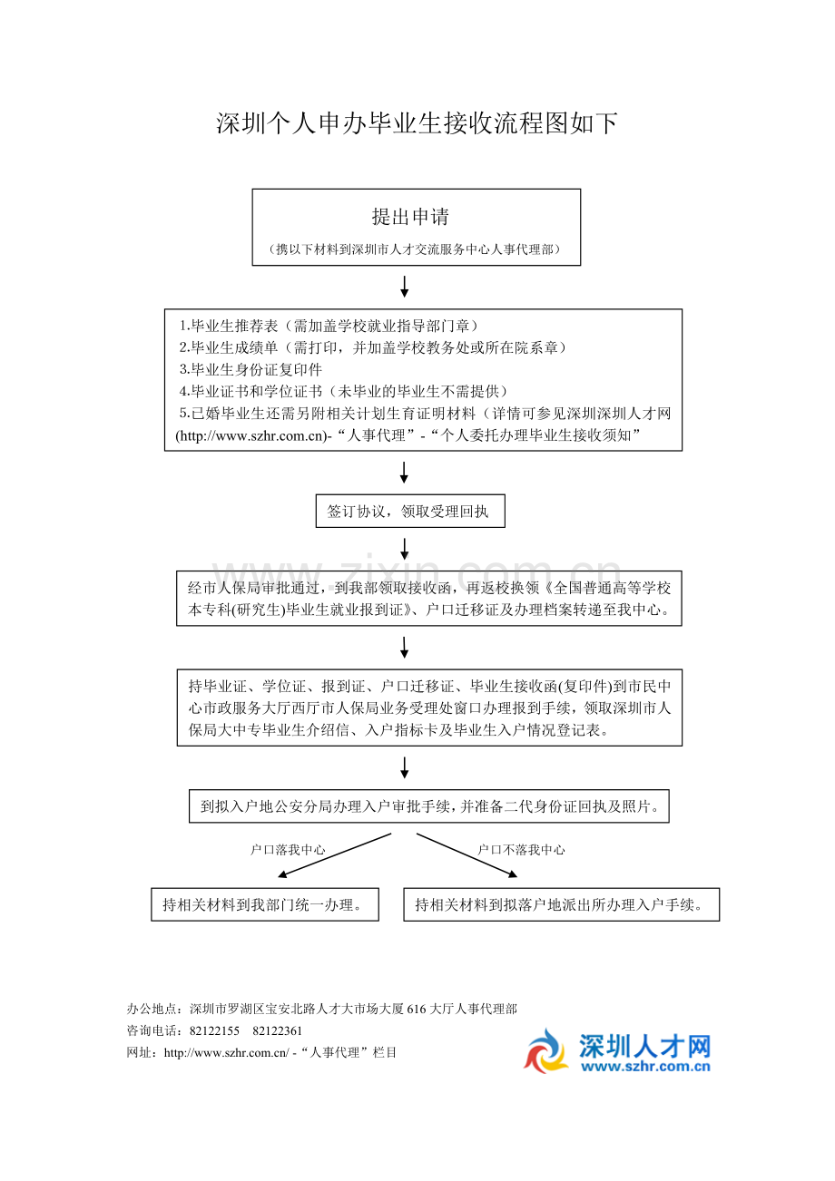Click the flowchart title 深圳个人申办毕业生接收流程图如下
pyautogui.click(x=417, y=124)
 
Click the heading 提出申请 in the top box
pyautogui.click(x=410, y=217)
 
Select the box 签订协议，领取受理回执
pyautogui.click(x=408, y=512)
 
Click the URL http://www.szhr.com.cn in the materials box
pyautogui.click(x=250, y=436)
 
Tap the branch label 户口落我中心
pyautogui.click(x=288, y=850)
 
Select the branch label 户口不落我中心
pyautogui.click(x=521, y=850)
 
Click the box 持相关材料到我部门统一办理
pyautogui.click(x=264, y=904)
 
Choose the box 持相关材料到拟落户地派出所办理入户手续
pyautogui.click(x=561, y=904)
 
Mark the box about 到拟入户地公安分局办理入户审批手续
pyautogui.click(x=428, y=805)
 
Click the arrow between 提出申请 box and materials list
pyautogui.click(x=405, y=287)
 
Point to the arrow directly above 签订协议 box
pyautogui.click(x=405, y=472)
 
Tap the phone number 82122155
pyautogui.click(x=214, y=1031)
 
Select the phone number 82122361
pyautogui.click(x=277, y=1031)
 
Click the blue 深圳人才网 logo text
pyautogui.click(x=644, y=1047)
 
